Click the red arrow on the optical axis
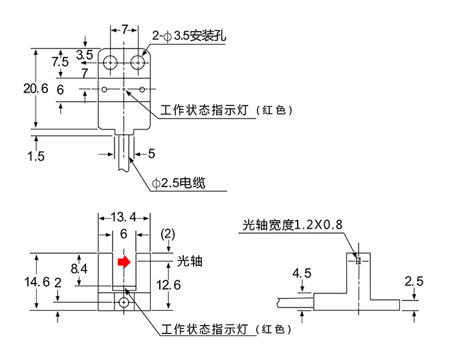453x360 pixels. coord(124,262)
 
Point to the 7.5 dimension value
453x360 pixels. coord(60,62)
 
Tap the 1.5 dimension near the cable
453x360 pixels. coord(36,156)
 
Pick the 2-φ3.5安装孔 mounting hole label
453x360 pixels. coord(190,36)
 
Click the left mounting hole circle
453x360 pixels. coord(110,62)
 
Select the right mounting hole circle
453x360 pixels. coord(138,62)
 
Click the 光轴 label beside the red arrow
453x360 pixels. coord(190,261)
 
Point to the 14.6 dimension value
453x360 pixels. coord(36,282)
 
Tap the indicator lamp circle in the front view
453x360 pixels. coord(124,302)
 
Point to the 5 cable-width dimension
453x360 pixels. coord(151,153)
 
